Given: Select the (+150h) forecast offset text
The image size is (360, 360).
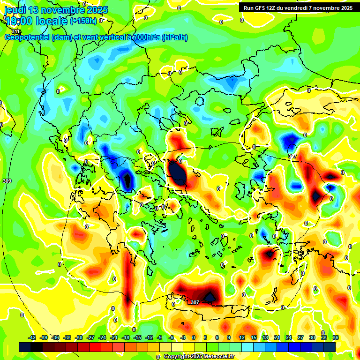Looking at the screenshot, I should pos(83,21).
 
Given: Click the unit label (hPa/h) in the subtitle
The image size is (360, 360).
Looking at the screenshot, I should pos(174,37).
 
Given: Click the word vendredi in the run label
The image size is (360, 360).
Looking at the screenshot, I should pos(300,7).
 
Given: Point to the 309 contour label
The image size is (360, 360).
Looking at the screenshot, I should pos(7,181).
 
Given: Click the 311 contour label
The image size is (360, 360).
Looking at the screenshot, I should pos(15,31).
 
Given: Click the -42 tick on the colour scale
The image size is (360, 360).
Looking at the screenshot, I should pos(32,337).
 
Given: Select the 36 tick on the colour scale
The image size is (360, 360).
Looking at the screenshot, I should pos(336,337).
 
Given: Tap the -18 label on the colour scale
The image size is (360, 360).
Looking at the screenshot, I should pos(126,337).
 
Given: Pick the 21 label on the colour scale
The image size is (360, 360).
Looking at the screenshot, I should pos(277,337).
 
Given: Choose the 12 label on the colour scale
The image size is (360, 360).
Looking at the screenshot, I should pos(242,337).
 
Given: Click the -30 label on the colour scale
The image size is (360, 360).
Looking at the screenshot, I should pos(79,337).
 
